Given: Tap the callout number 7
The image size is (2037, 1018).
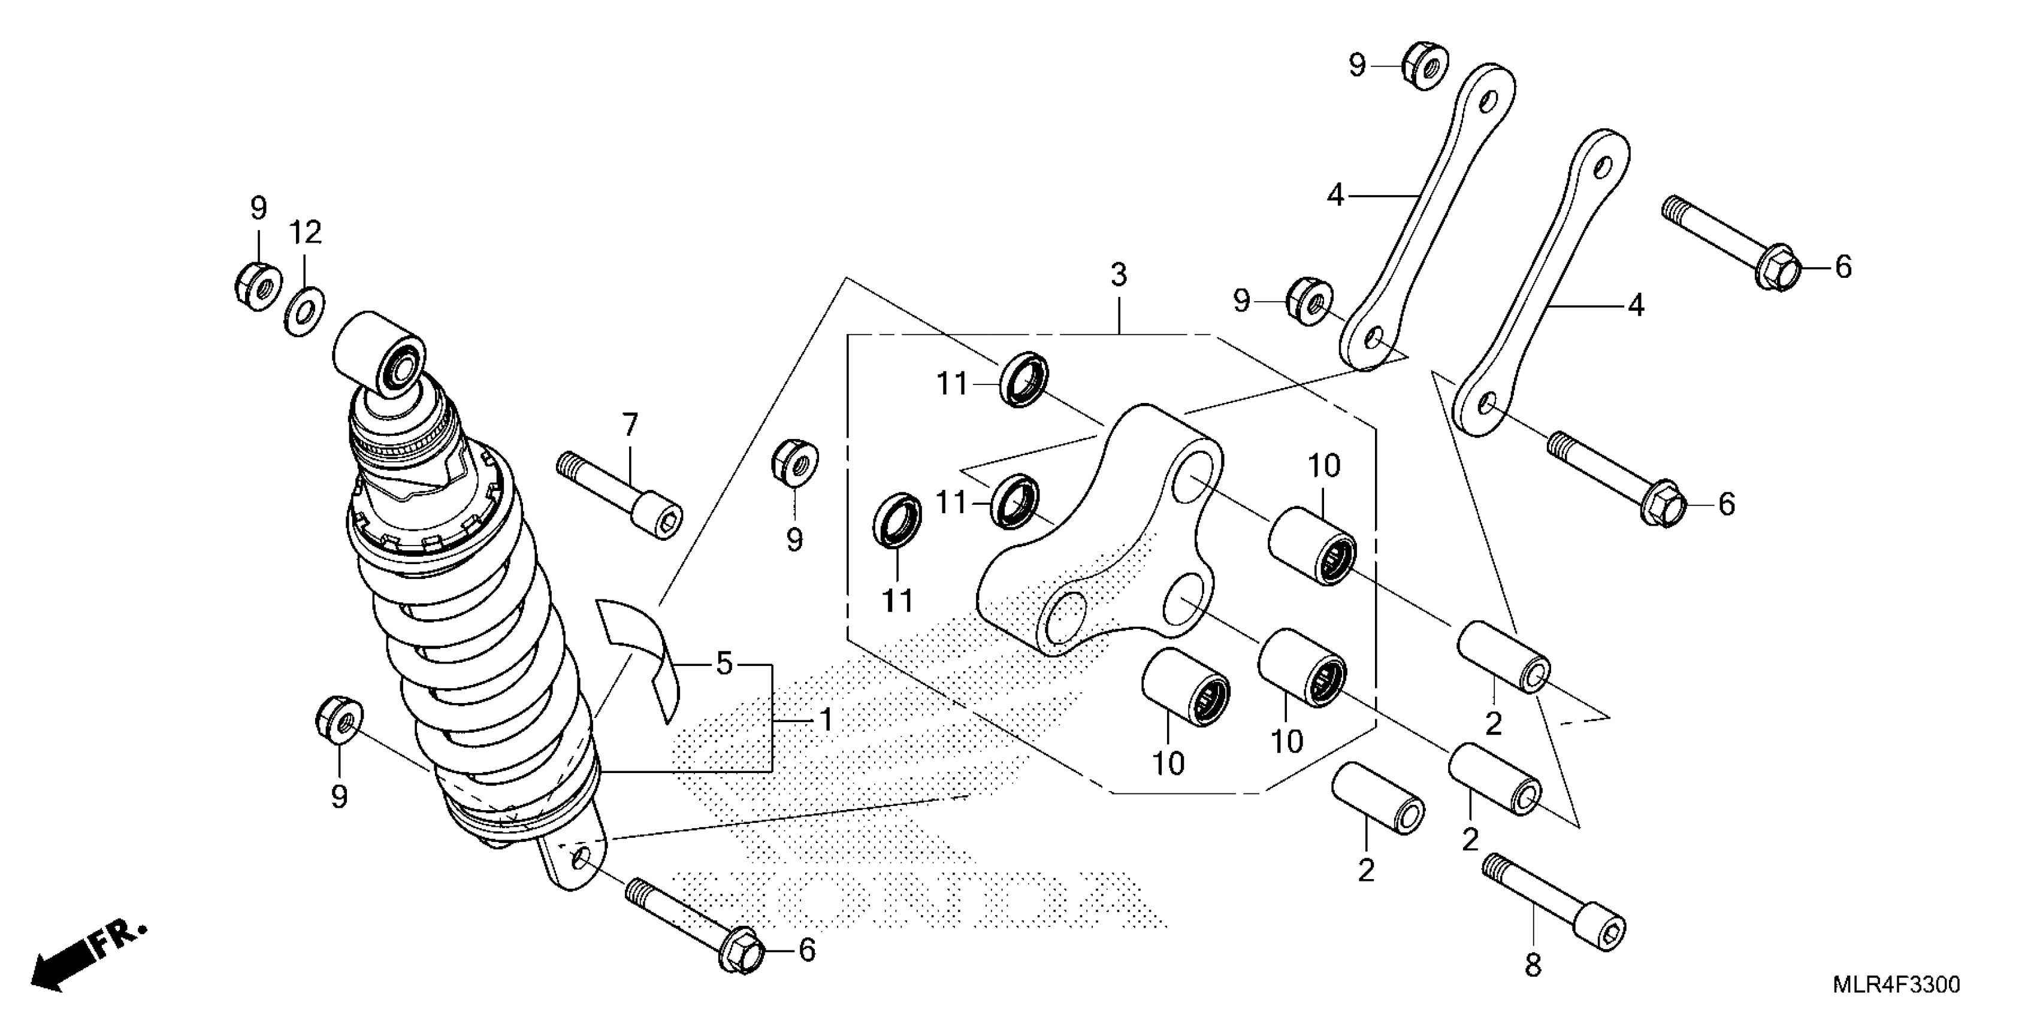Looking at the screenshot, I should click(x=630, y=426).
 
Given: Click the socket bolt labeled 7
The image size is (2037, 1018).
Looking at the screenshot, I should click(x=621, y=494).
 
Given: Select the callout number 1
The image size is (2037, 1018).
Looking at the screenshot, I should click(x=826, y=720).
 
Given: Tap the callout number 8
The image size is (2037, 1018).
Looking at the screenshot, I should click(x=1533, y=965).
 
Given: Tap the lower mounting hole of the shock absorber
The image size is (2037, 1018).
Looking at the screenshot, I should click(x=581, y=858).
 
